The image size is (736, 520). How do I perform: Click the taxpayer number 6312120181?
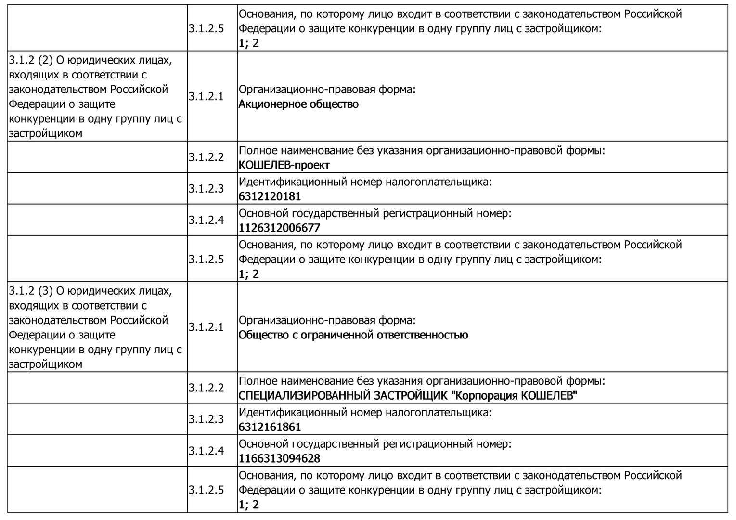(270, 196)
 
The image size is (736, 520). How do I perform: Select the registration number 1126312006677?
(279, 228)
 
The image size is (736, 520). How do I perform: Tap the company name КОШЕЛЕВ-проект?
(284, 165)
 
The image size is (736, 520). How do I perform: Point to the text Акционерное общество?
(298, 104)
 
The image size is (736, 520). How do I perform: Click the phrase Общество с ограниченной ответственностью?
(353, 335)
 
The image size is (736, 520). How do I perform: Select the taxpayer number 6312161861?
(270, 427)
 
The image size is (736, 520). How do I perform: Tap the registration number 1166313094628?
(279, 458)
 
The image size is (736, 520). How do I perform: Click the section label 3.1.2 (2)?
(30, 60)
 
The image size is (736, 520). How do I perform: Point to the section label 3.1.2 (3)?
(30, 291)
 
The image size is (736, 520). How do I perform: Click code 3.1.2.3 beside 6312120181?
(206, 188)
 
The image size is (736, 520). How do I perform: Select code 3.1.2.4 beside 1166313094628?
(206, 451)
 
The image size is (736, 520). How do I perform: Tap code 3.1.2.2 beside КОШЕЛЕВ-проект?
(206, 157)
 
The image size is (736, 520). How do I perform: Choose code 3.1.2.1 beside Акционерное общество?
(206, 96)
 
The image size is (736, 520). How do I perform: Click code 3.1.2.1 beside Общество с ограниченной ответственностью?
(206, 327)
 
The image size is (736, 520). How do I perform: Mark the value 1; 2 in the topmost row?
(248, 43)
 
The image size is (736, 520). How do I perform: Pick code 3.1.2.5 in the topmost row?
(206, 28)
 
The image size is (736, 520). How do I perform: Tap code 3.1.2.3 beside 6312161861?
(206, 419)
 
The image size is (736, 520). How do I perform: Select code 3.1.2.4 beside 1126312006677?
(206, 220)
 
